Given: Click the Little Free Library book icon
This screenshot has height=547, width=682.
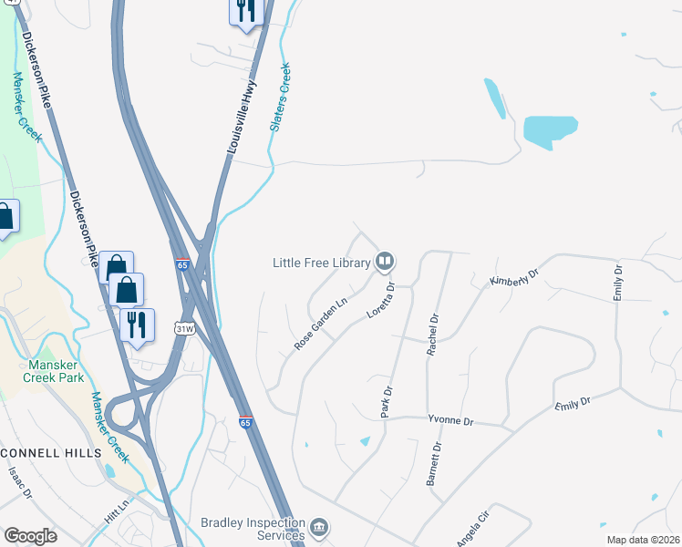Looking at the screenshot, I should tap(385, 263).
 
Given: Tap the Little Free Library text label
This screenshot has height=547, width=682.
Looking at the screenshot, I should tap(322, 263).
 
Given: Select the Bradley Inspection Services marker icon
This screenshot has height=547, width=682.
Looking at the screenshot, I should tap(319, 527).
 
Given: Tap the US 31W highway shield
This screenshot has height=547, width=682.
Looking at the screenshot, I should tap(185, 328).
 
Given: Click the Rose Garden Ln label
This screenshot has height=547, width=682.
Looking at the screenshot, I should tap(321, 324).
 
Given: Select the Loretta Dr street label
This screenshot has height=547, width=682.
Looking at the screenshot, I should tap(380, 299).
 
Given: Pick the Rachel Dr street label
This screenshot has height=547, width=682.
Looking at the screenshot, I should tap(434, 333).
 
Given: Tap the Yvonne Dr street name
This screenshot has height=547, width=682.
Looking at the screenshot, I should tap(451, 421).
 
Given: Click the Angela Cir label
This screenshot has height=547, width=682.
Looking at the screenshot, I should tap(473, 527).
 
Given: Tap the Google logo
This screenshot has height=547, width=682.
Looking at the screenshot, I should tap(30, 536).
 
